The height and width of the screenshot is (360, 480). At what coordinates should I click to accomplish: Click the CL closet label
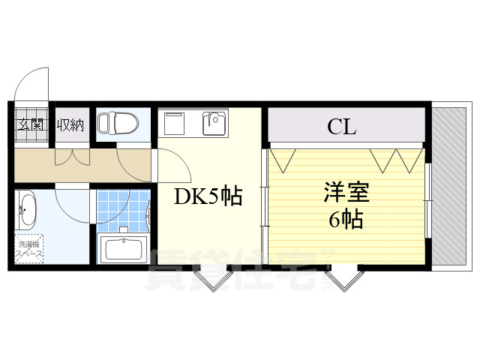click(x=341, y=126)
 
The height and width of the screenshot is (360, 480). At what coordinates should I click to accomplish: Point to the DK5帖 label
click(x=208, y=196)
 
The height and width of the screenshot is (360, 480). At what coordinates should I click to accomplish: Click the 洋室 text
click(x=346, y=192)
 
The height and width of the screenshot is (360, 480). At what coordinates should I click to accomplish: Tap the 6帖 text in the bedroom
click(x=346, y=219)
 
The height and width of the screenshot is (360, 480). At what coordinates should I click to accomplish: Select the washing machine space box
click(x=30, y=249)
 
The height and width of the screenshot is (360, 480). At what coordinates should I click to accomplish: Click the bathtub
click(x=124, y=249)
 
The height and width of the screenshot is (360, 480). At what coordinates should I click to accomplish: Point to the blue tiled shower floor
click(x=120, y=210)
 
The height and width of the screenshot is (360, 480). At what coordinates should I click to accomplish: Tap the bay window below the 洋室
click(x=343, y=280)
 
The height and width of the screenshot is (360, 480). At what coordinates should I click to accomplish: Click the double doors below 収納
click(x=73, y=156)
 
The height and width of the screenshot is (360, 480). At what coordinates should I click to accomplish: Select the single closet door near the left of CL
click(x=282, y=159)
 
